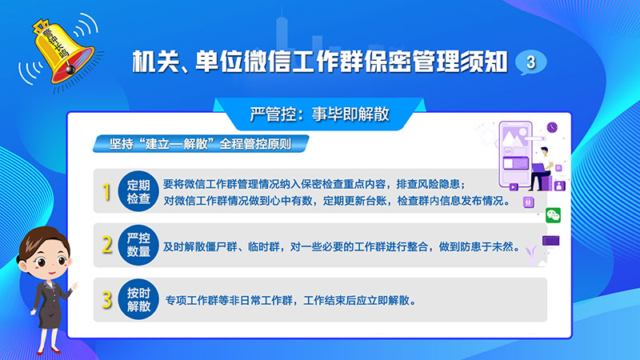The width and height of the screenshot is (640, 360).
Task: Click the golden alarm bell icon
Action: click(x=62, y=51)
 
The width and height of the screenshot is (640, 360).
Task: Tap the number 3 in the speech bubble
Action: click(x=530, y=62)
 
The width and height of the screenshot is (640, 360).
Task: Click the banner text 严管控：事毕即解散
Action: click(x=319, y=114)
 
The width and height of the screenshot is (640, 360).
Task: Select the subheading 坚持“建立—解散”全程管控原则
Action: click(x=201, y=144)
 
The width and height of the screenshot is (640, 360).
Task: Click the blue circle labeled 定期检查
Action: click(x=138, y=191)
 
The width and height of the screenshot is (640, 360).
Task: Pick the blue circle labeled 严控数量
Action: click(x=138, y=245)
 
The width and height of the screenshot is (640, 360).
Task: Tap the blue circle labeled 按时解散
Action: click(x=138, y=299)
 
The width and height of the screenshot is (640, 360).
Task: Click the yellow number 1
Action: click(x=106, y=191)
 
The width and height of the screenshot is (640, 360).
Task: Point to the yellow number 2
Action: click(x=107, y=245)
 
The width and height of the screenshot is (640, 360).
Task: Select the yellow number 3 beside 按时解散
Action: click(x=107, y=299)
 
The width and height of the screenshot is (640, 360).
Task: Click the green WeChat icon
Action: click(x=553, y=215)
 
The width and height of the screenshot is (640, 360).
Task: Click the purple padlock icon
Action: click(x=529, y=202)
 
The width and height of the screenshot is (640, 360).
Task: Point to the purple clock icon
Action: click(x=552, y=127)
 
